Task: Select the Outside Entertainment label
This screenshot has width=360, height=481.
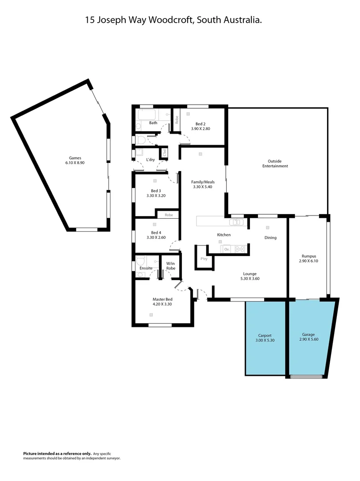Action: click(x=278, y=163)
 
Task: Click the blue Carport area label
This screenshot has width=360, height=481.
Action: click(x=265, y=335)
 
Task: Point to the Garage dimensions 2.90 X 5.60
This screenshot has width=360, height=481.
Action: click(x=308, y=339)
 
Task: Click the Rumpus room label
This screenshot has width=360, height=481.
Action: click(x=309, y=256)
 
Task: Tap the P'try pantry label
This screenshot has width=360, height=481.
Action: click(x=204, y=259)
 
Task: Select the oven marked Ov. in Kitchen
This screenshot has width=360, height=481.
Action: click(x=227, y=249)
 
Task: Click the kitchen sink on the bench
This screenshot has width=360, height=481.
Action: click(x=234, y=222)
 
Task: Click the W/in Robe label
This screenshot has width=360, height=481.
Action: click(x=171, y=266)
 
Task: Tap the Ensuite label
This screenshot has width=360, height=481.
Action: click(x=146, y=268)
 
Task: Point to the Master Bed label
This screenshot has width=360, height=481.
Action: click(x=162, y=299)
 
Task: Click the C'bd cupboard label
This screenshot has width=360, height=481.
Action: click(x=164, y=152)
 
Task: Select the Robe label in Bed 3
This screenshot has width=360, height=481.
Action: click(x=168, y=215)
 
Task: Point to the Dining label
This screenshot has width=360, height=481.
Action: click(x=270, y=237)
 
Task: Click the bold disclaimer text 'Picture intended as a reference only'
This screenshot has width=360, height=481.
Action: click(x=57, y=453)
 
